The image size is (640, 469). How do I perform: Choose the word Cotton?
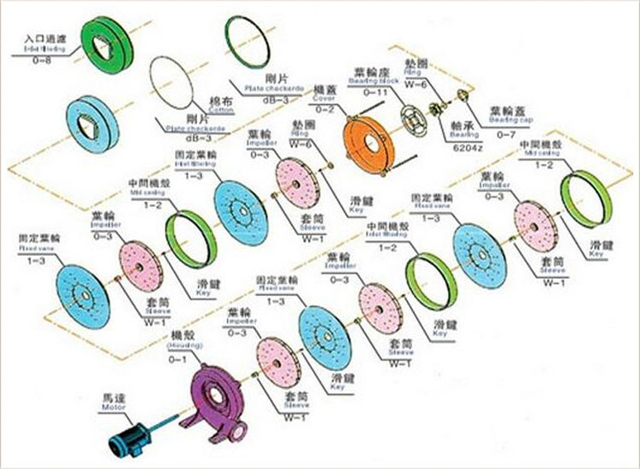point(198,110)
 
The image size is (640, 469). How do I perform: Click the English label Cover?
point(324,99)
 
